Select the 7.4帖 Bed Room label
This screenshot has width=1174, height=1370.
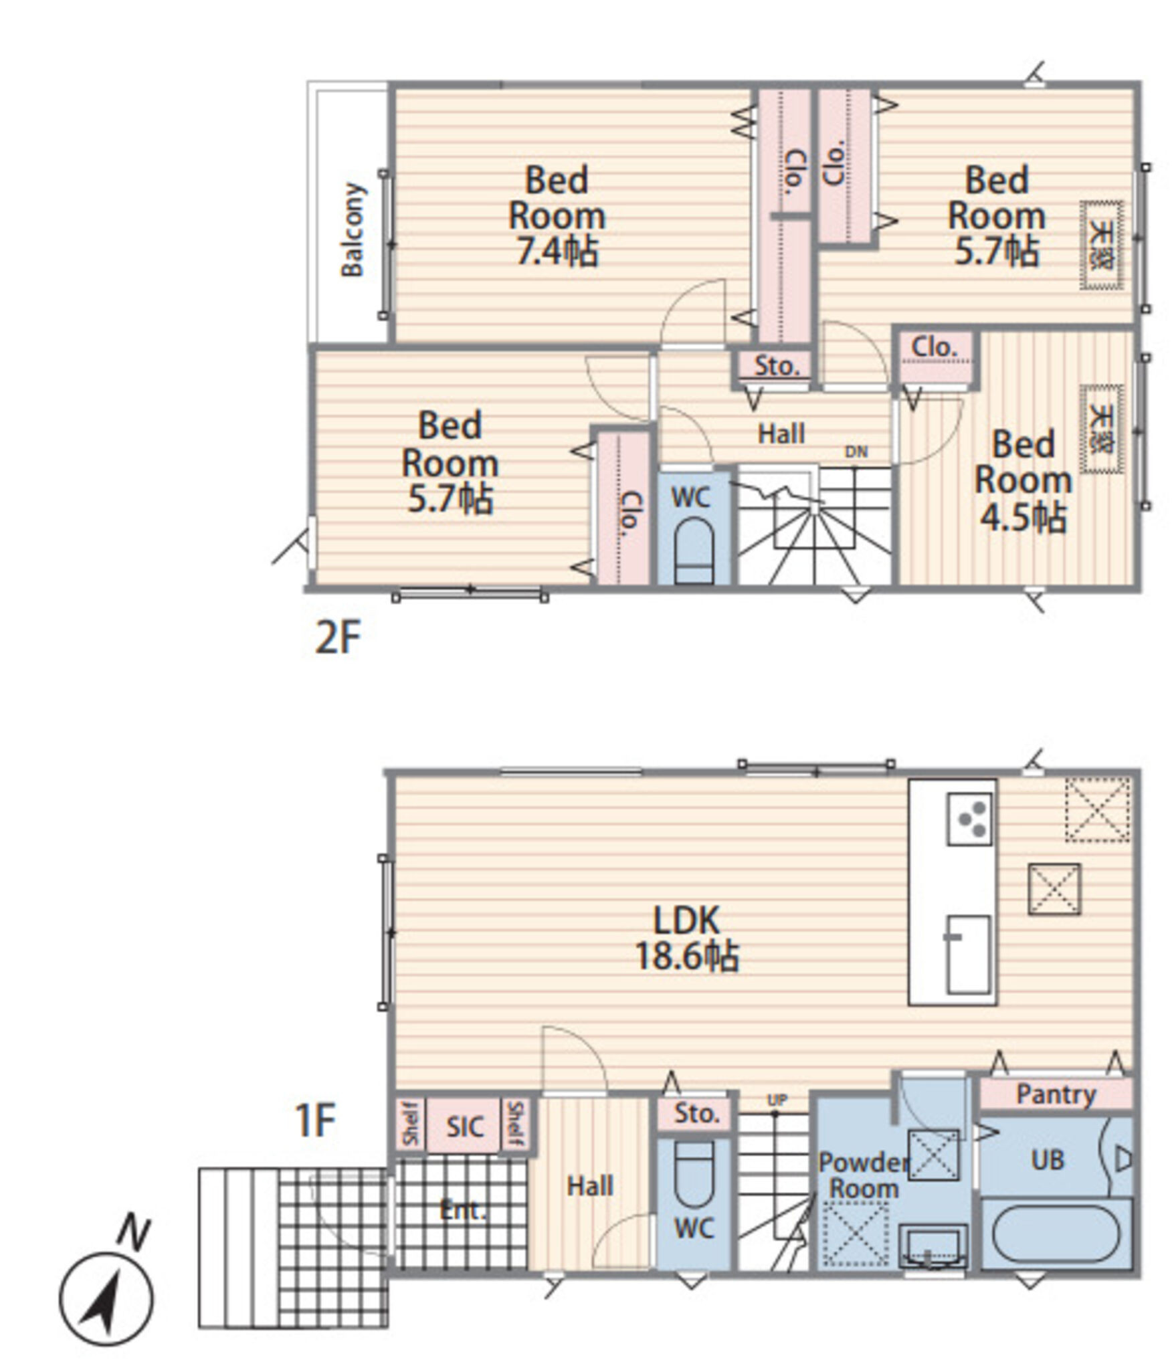(557, 215)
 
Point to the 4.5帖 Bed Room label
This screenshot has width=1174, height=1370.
(1022, 480)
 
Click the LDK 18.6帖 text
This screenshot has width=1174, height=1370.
(686, 938)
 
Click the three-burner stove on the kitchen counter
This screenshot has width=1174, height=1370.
(969, 819)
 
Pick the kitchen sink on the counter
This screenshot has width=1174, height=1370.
(967, 954)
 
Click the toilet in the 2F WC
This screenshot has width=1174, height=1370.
(694, 552)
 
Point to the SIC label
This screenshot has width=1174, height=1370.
(464, 1127)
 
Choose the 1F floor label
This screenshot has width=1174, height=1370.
(314, 1120)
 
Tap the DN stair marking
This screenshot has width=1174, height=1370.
(856, 452)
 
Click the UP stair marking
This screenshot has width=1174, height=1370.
(777, 1099)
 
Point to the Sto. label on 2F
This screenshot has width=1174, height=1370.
(777, 365)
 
